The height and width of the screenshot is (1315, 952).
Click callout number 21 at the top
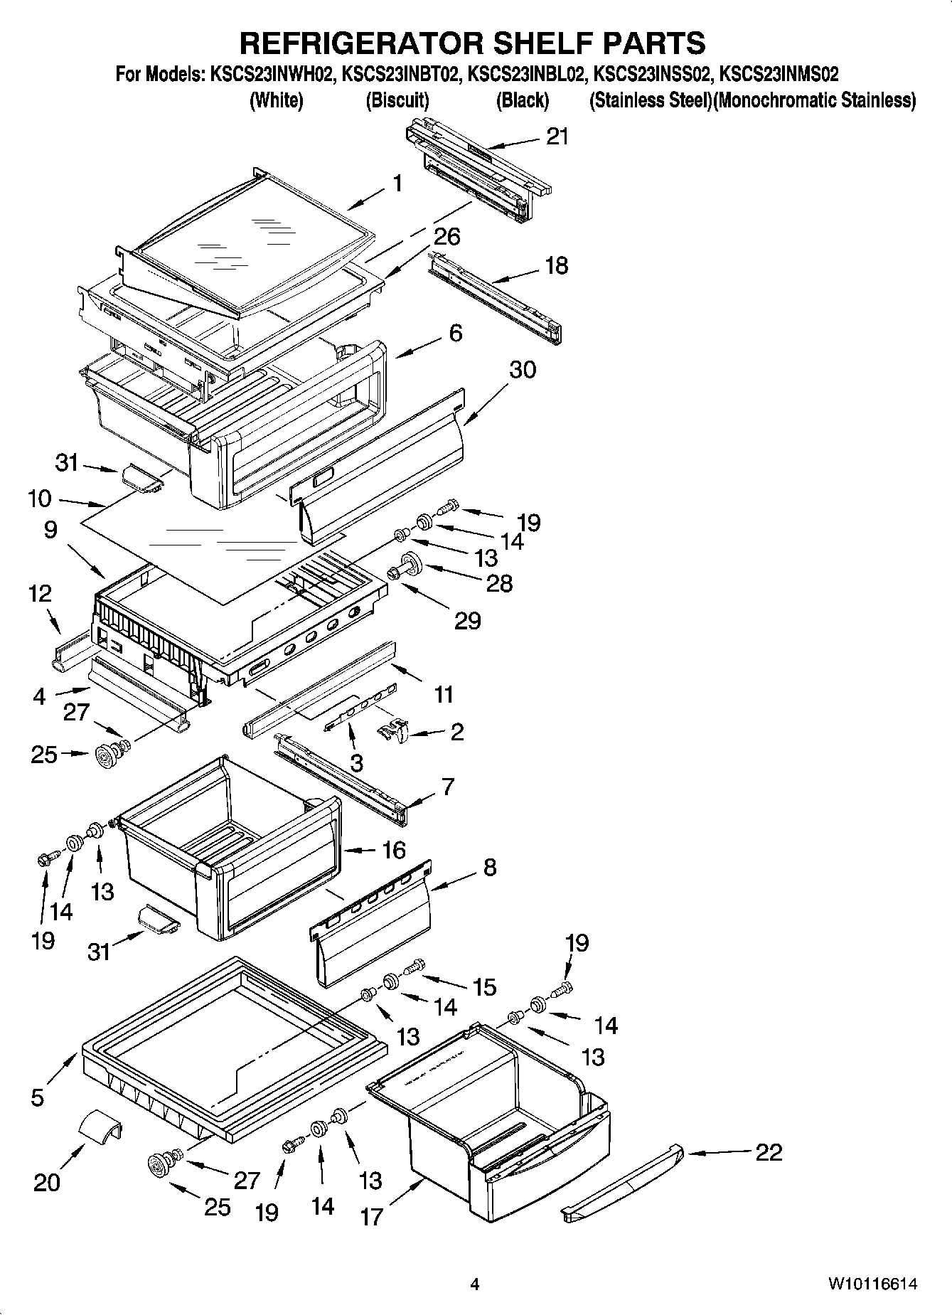coord(557,137)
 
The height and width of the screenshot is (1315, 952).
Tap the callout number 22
coord(769,1151)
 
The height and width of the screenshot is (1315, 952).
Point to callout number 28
coord(499,584)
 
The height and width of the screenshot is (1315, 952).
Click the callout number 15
coord(484,986)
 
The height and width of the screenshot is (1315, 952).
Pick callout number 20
coord(47,1182)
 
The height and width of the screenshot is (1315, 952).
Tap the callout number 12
coord(41,593)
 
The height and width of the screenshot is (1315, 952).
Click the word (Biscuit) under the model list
coord(397,100)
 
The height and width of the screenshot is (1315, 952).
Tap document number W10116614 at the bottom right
coord(872,1284)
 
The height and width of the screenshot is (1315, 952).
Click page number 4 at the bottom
coord(475,1284)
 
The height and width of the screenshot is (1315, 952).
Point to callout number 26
coord(447,236)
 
